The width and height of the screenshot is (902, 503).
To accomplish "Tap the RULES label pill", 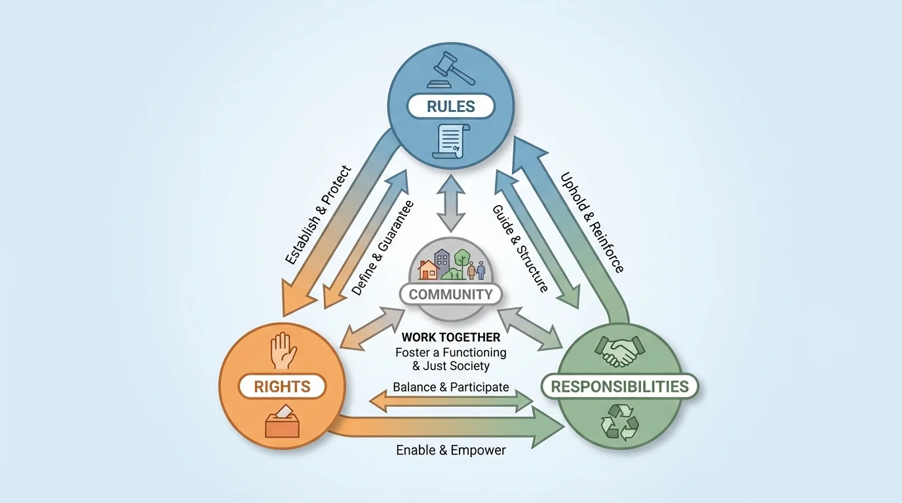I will point(450,106).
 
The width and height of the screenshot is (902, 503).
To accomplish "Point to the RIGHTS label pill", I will point(283,386).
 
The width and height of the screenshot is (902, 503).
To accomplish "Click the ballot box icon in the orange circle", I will point(283,422).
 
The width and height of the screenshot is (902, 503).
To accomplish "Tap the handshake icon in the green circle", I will point(619,352).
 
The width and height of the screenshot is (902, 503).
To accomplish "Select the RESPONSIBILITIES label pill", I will point(619,386).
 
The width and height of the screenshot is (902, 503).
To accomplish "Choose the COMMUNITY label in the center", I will point(450,294).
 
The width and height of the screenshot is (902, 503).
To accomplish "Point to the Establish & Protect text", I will point(319,215).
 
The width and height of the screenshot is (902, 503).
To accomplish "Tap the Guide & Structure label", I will point(520,248).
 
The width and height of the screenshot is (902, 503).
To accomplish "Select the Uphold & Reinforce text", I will point(591,223).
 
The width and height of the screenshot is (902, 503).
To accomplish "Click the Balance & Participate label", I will point(450,387).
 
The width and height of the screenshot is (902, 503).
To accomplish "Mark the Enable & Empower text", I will point(450,450).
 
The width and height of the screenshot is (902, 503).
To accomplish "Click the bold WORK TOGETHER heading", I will point(450,337).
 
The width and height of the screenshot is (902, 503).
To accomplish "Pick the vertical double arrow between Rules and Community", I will point(451,202).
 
